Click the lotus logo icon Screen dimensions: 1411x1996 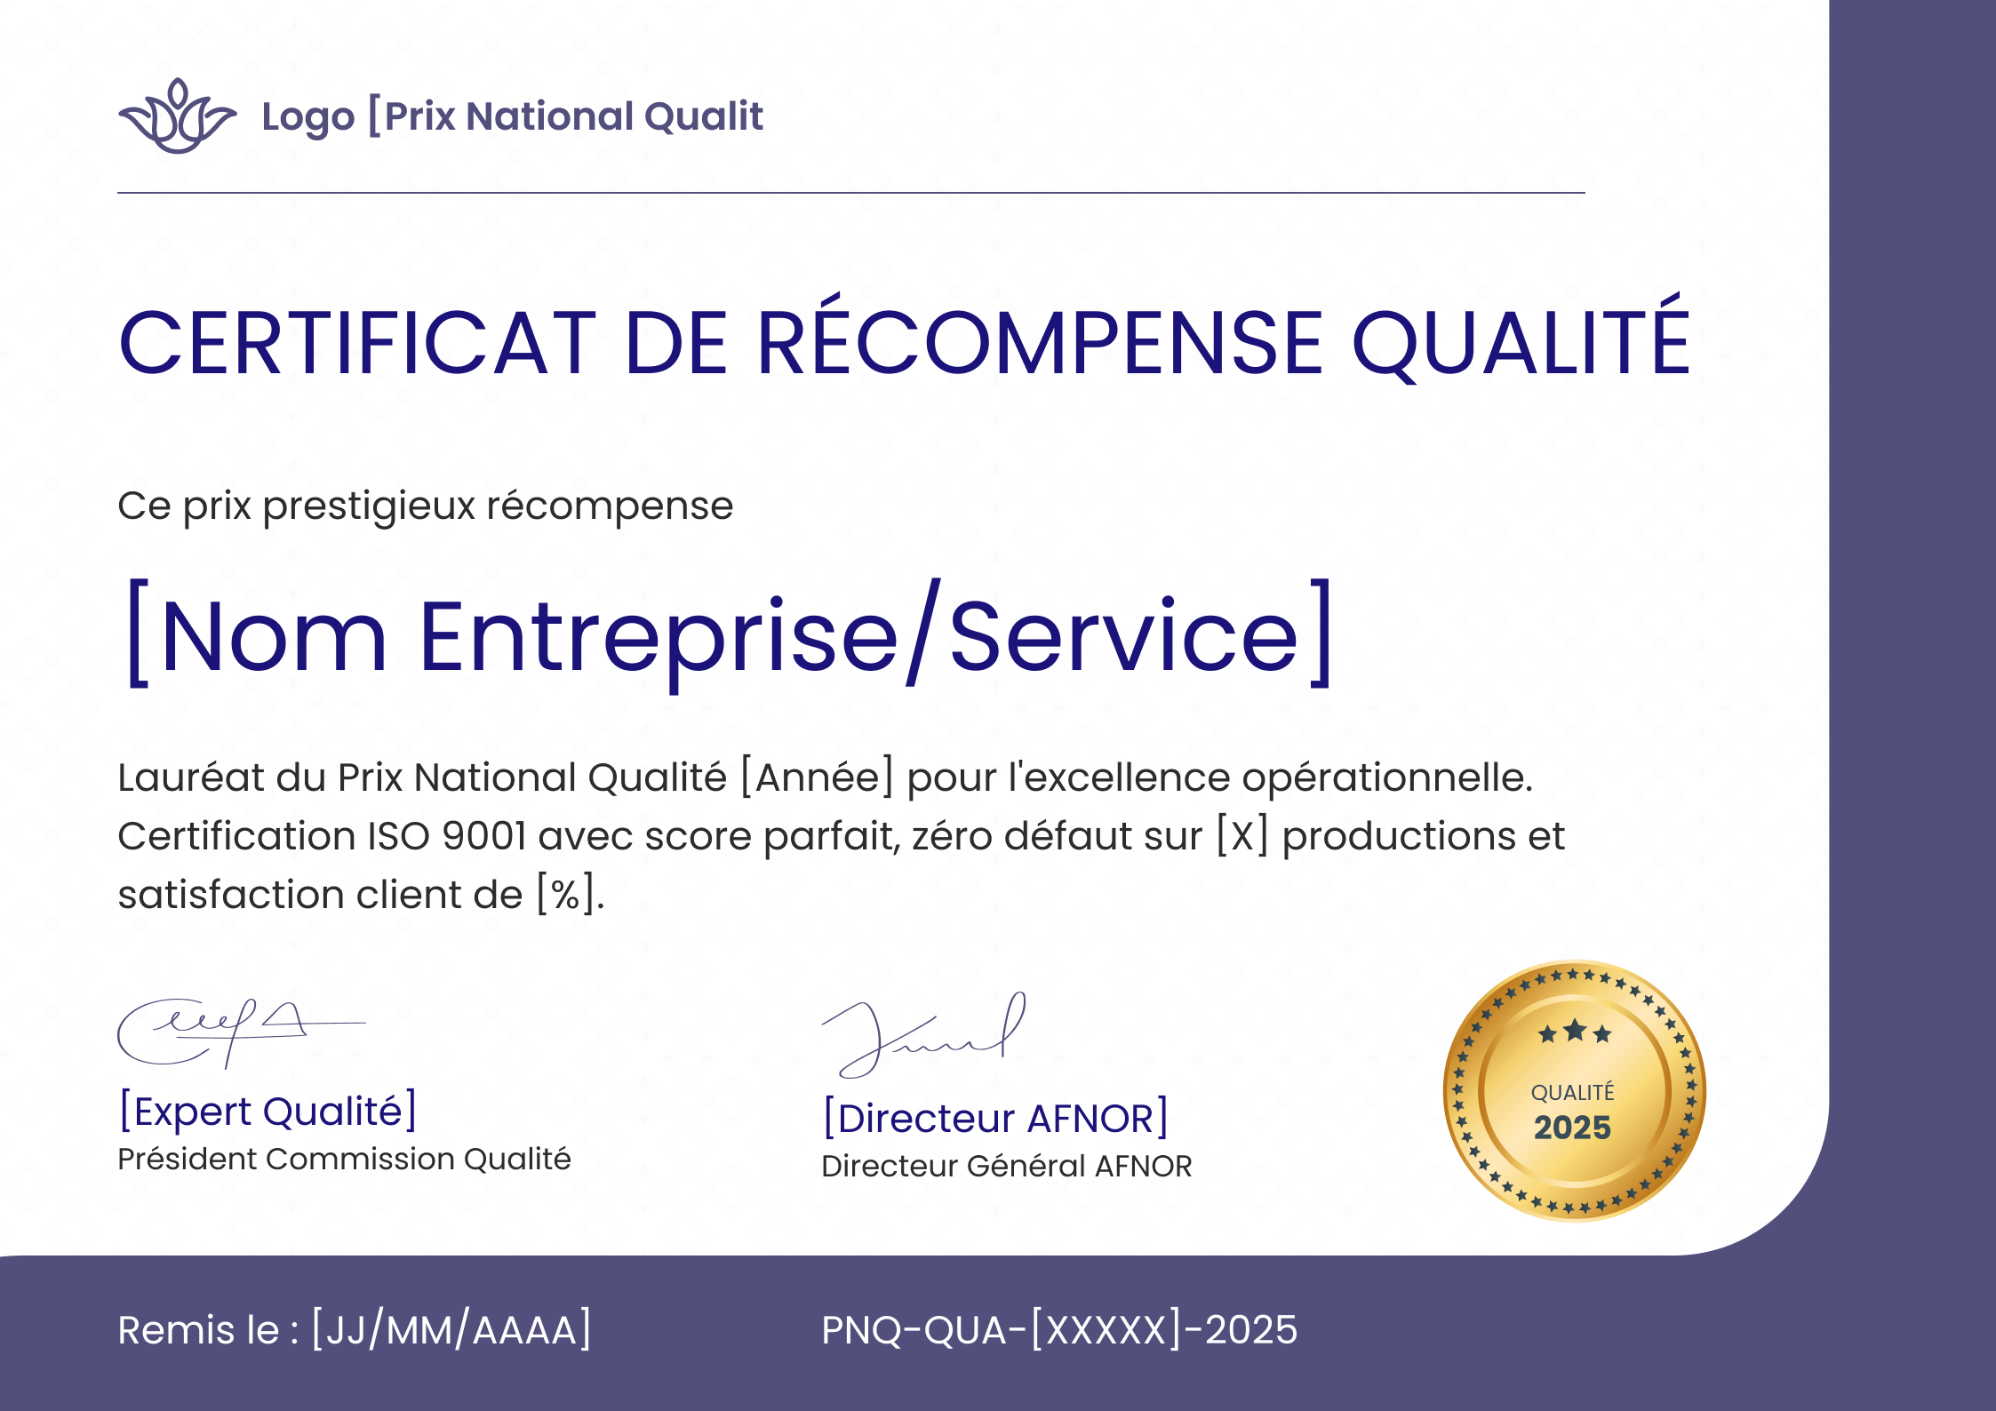click(177, 116)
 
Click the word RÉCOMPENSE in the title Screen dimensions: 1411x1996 click(1041, 343)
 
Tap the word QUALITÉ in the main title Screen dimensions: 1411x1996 click(1520, 343)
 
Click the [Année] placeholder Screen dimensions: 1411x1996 click(817, 777)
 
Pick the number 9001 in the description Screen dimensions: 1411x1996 click(484, 836)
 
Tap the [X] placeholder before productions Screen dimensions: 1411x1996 click(1242, 836)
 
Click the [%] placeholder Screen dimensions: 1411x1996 click(565, 895)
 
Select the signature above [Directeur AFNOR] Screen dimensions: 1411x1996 click(924, 1035)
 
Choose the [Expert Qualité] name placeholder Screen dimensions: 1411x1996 click(267, 1112)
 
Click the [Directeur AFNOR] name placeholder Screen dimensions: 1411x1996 click(995, 1119)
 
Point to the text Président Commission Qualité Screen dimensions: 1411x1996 click(344, 1160)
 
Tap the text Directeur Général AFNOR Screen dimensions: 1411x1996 click(1006, 1167)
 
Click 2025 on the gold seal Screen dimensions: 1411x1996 click(1572, 1128)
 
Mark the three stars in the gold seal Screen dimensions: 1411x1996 click(1574, 1032)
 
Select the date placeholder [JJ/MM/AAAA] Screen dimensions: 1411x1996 click(451, 1330)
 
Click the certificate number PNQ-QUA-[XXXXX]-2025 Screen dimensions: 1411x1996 click(1058, 1330)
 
